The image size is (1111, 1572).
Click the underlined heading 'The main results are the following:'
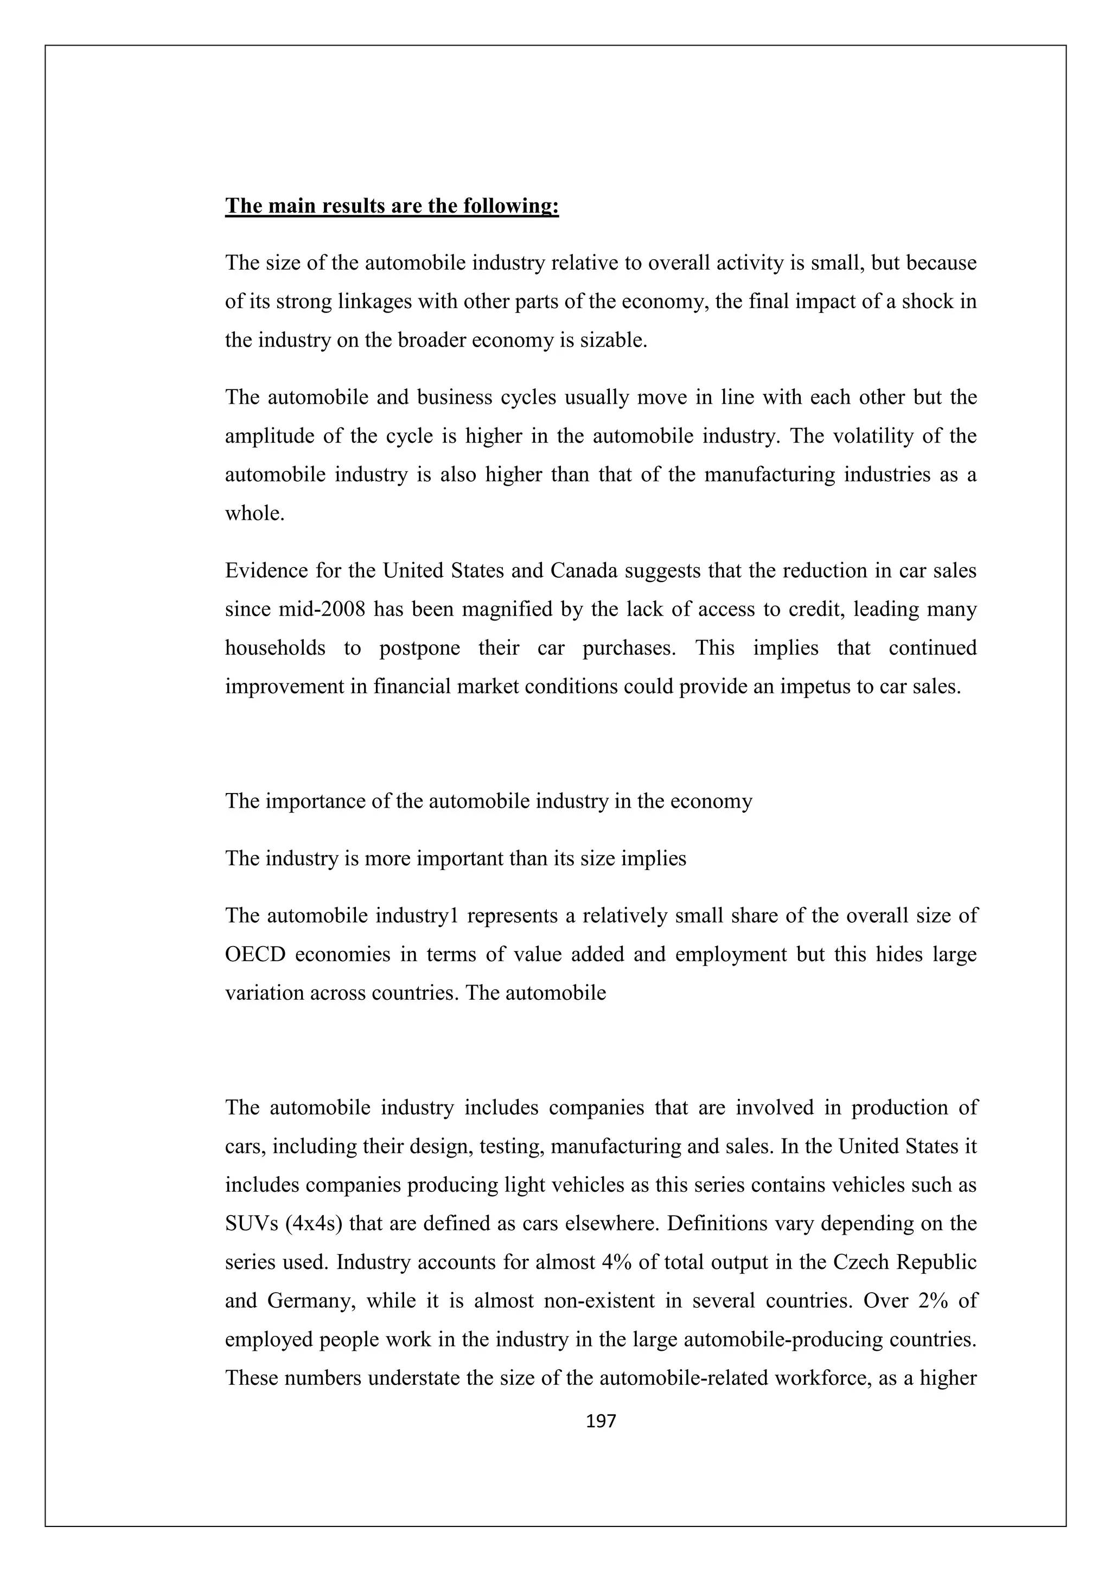(x=392, y=206)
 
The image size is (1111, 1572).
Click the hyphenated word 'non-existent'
(x=598, y=1300)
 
